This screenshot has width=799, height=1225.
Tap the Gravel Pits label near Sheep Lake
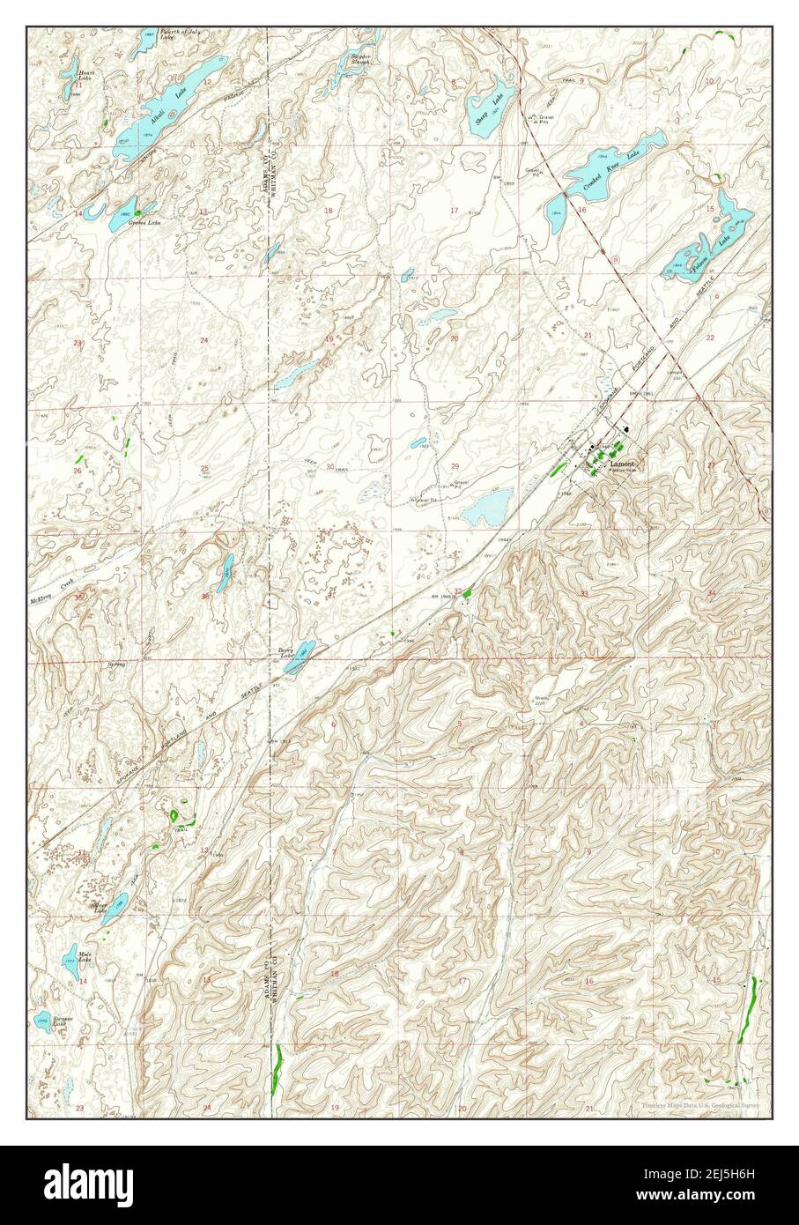click(x=549, y=118)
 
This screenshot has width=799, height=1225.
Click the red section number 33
click(x=584, y=594)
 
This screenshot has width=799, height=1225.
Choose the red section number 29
click(x=455, y=465)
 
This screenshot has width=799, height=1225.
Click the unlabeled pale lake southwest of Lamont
click(x=482, y=509)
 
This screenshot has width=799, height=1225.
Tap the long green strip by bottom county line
click(x=277, y=1067)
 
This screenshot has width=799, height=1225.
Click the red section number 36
click(x=204, y=597)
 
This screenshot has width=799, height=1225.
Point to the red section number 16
click(x=582, y=210)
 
